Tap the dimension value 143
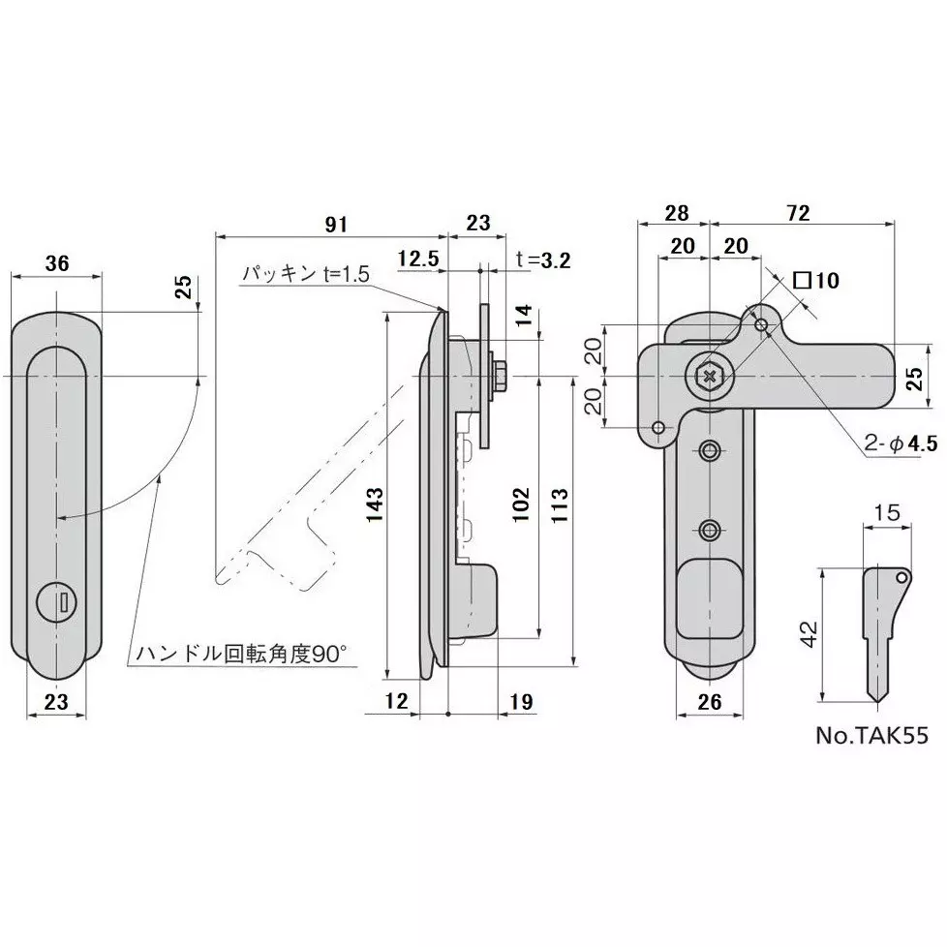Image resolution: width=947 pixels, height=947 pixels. click(x=375, y=504)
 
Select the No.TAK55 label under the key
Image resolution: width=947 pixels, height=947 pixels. click(x=871, y=735)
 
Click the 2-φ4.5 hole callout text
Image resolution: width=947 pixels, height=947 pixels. click(x=901, y=443)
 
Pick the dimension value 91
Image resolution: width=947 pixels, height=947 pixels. click(x=336, y=224)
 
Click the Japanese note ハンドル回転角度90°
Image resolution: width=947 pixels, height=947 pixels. click(x=241, y=654)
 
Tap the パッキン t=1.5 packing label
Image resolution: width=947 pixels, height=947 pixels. click(x=306, y=274)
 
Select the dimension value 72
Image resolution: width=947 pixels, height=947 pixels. click(x=798, y=213)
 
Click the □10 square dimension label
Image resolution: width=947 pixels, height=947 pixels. click(x=816, y=280)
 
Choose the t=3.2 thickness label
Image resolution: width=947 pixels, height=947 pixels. click(x=543, y=260)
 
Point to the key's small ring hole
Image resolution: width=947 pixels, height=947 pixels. click(x=901, y=577)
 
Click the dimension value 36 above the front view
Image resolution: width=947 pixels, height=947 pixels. click(x=57, y=263)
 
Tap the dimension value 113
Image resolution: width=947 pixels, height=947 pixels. click(x=560, y=505)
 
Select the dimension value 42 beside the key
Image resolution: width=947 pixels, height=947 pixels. click(x=809, y=634)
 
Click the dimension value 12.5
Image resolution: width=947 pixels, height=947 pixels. click(x=418, y=259)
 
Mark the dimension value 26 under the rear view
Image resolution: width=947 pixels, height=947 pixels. click(x=710, y=701)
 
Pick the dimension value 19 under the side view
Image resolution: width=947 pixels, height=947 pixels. click(x=521, y=701)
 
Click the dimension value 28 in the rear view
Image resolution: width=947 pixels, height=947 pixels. click(x=677, y=213)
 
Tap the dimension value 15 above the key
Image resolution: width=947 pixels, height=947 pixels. click(x=887, y=513)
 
